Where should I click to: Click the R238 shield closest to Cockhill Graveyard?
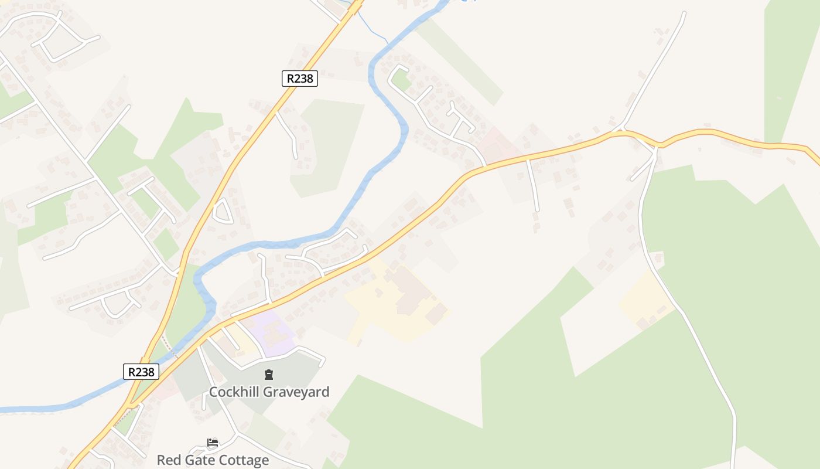141,372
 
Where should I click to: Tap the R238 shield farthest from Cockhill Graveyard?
299,79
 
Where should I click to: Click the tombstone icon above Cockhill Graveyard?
269,375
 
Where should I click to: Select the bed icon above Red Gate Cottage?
213,443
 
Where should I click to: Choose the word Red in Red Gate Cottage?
168,460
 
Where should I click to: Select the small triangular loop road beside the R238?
223,212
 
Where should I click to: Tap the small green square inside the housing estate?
401,80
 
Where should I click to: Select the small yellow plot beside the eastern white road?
646,299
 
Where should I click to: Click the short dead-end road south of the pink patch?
533,185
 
